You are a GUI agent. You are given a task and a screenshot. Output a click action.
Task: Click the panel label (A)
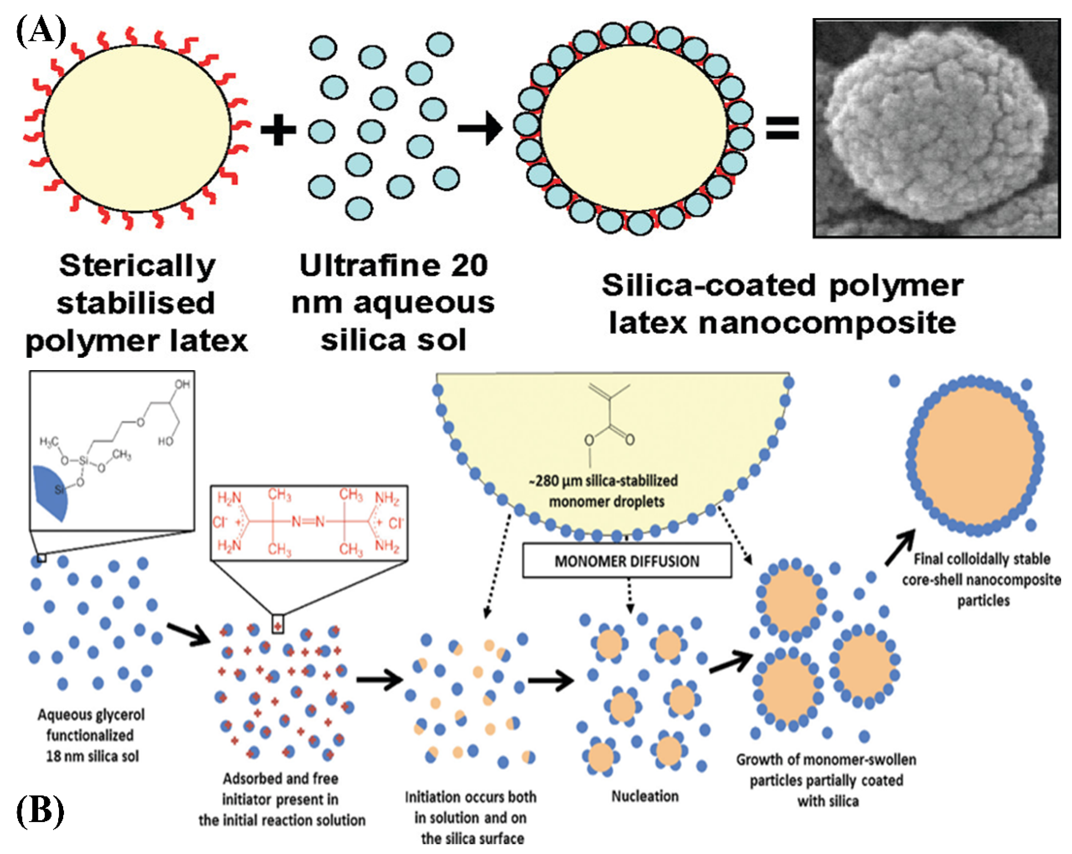[x=41, y=31]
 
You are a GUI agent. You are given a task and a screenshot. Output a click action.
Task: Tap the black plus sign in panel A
[x=279, y=130]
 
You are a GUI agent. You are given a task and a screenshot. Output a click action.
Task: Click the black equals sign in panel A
[x=782, y=128]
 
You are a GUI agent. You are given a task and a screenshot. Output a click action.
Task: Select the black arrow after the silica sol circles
[x=480, y=129]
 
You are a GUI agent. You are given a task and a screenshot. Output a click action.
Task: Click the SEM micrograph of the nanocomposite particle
[x=936, y=128]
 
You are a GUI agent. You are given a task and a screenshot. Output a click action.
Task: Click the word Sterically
[x=137, y=266]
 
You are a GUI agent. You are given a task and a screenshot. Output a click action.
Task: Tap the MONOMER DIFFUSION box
[x=627, y=561]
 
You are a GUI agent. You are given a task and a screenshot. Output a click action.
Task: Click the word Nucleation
[x=644, y=796]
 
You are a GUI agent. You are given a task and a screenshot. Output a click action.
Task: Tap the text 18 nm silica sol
[x=92, y=756]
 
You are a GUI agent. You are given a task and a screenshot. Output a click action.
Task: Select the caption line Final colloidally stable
[x=981, y=559]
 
